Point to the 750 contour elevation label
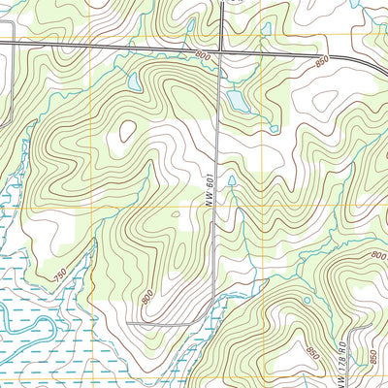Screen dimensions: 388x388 click(61, 277)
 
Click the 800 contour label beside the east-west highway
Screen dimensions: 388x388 click(201, 57)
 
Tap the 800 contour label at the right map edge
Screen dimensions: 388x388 click(377, 255)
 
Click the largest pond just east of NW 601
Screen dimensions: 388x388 click(237, 100)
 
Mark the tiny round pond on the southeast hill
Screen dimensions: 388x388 click(307, 300)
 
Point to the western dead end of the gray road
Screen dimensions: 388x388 click(127, 322)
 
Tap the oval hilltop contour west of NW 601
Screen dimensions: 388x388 click(127, 131)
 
